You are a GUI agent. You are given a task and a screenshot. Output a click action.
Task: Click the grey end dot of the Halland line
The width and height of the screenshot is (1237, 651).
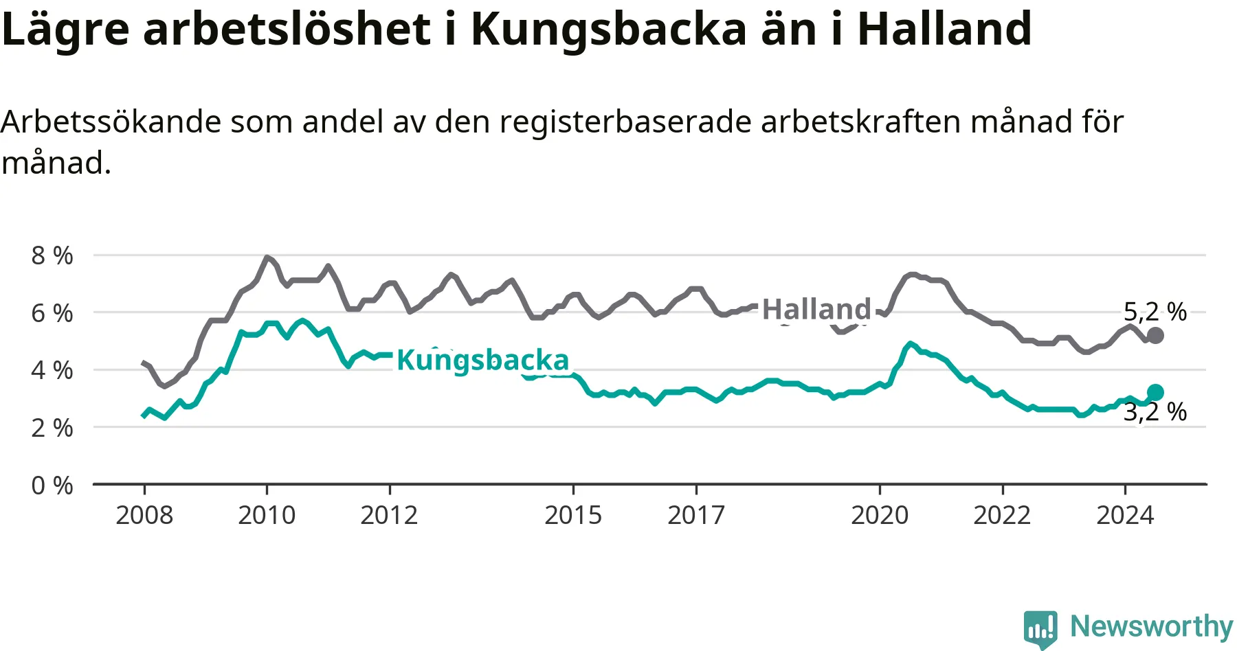click(x=1155, y=335)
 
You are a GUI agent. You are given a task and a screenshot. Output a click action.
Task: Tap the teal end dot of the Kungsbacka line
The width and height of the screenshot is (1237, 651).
click(x=1155, y=392)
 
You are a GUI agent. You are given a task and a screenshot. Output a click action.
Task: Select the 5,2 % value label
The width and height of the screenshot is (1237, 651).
click(x=1155, y=312)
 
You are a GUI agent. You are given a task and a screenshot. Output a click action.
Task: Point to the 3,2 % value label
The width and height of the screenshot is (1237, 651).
click(x=1155, y=412)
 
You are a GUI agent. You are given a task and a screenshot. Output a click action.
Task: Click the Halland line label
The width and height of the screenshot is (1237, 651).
click(x=816, y=309)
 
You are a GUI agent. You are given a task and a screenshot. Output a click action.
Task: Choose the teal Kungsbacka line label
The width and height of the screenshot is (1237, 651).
click(x=483, y=360)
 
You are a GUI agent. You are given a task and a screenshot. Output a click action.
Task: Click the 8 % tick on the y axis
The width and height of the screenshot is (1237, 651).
click(x=52, y=255)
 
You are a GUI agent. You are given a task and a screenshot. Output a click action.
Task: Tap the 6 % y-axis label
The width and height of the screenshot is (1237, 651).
click(x=52, y=313)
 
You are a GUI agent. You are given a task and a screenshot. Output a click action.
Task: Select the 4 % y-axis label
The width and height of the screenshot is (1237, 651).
click(x=52, y=370)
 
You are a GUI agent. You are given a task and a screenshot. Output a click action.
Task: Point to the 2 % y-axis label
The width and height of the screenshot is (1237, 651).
click(x=52, y=428)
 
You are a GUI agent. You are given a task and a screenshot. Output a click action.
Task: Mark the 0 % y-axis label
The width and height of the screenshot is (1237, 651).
click(x=52, y=486)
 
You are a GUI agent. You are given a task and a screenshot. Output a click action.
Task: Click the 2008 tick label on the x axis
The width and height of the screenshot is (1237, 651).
click(x=144, y=515)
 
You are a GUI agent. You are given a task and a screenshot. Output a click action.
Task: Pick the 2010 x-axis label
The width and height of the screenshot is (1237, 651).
click(x=267, y=515)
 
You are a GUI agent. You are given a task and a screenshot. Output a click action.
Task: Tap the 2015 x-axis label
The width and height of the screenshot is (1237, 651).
click(x=573, y=515)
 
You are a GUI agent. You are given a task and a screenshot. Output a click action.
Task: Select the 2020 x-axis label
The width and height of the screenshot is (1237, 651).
click(x=880, y=515)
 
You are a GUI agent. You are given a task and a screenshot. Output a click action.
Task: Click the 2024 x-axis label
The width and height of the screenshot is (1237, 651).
click(x=1125, y=515)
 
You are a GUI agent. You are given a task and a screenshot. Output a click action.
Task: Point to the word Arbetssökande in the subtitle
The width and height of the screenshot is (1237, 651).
click(x=111, y=122)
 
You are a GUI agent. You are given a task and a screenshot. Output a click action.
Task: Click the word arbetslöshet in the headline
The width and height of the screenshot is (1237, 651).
click(x=287, y=29)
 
